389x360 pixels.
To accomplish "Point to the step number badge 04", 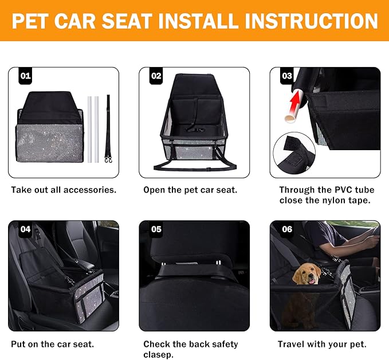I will point(26,229).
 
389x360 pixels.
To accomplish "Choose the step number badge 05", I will point(156,229).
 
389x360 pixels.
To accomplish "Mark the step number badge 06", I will point(287,229).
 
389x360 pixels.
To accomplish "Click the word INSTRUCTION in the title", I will point(311,21).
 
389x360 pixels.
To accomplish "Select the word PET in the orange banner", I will point(34,21).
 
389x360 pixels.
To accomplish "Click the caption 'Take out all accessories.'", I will point(64,190).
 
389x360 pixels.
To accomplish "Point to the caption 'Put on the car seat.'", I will point(53,345).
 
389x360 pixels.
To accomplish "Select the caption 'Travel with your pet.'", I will point(322,345).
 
